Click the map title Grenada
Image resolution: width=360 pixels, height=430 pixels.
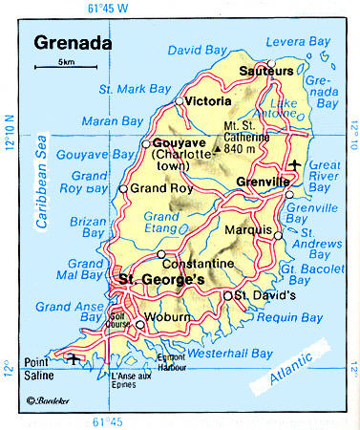tap(72, 43)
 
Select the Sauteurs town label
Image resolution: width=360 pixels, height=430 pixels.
tap(262, 71)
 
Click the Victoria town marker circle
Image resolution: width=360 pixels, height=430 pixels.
tap(179, 100)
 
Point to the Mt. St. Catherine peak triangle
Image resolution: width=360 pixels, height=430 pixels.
tap(218, 149)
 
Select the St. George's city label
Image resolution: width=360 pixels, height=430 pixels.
tap(159, 279)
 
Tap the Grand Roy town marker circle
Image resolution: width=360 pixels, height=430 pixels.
tap(122, 188)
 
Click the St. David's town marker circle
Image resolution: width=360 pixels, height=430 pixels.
tap(226, 296)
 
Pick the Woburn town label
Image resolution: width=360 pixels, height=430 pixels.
tap(168, 316)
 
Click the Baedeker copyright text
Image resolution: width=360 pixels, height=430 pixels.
tap(50, 401)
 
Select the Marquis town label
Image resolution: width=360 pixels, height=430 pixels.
tap(251, 227)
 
